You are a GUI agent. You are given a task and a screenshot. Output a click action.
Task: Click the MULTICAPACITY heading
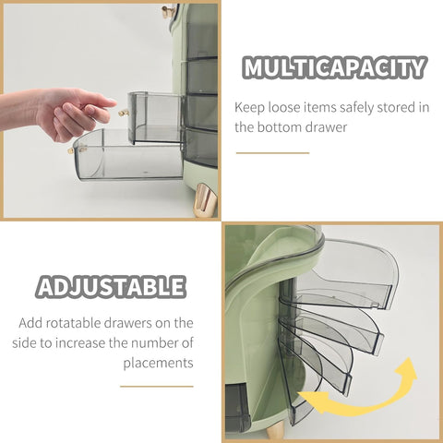pos(335,67)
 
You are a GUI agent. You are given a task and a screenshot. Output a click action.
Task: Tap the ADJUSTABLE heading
pos(111,287)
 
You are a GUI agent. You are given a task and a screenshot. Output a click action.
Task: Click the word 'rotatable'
pos(74,323)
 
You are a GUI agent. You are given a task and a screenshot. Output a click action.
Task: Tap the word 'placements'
pos(158,363)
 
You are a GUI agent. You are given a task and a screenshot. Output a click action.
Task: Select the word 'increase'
pos(80,342)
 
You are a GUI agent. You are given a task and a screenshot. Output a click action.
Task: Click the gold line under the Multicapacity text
pos(272,153)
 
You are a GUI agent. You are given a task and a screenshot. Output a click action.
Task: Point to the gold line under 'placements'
pos(157,386)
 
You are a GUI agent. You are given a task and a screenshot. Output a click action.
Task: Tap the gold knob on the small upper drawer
pos(123,114)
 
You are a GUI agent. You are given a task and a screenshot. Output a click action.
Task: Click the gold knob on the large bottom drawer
pos(72,150)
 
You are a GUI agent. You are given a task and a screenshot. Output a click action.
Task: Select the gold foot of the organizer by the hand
pos(204,200)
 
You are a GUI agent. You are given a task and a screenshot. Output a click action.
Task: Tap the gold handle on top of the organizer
pos(170,11)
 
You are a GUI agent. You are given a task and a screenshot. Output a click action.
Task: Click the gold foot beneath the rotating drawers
pos(275,430)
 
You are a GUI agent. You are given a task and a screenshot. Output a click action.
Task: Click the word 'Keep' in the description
pos(249,108)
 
